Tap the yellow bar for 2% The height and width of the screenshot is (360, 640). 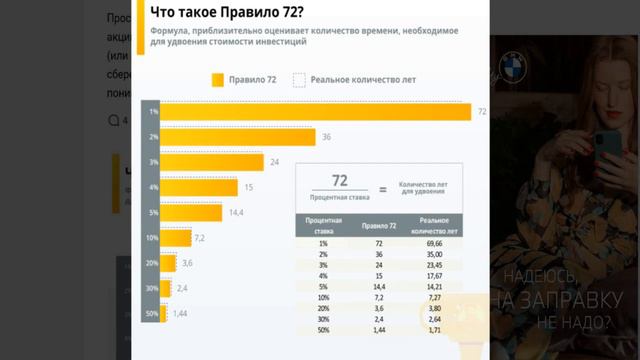(x=239, y=137)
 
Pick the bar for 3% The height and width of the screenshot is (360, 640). (x=213, y=162)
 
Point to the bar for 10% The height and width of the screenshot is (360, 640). (x=177, y=237)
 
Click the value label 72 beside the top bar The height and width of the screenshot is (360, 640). (x=482, y=112)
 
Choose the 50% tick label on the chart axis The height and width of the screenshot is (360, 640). (x=152, y=313)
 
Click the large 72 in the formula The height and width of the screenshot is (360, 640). (x=339, y=180)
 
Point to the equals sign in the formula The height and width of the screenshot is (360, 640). (x=381, y=187)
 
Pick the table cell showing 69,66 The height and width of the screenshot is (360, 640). (x=432, y=243)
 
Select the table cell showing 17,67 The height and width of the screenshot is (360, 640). (x=432, y=276)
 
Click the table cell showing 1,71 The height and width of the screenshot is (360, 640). (x=432, y=329)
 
